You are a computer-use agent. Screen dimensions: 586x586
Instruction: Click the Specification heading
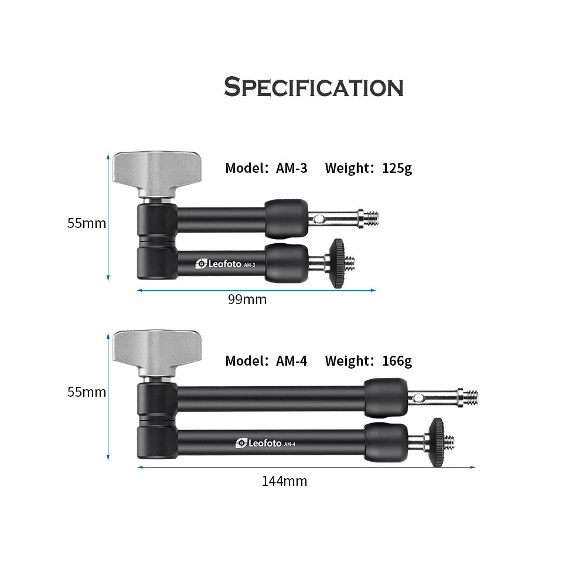point(314,87)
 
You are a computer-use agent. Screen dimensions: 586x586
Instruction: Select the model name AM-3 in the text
point(291,168)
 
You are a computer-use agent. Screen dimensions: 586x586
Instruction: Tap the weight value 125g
point(397,169)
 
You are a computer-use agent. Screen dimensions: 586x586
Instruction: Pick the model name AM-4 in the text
point(291,361)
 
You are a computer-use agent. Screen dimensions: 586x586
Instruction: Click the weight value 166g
point(397,362)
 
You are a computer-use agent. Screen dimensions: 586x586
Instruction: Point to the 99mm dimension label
point(247,299)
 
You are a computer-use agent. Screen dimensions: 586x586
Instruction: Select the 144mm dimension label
point(284,481)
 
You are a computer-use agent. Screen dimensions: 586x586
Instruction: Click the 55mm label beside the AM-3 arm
point(86,223)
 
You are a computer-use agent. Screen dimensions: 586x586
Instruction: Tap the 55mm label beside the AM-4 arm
point(86,392)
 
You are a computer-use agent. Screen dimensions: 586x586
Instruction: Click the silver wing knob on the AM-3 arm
point(157,173)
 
